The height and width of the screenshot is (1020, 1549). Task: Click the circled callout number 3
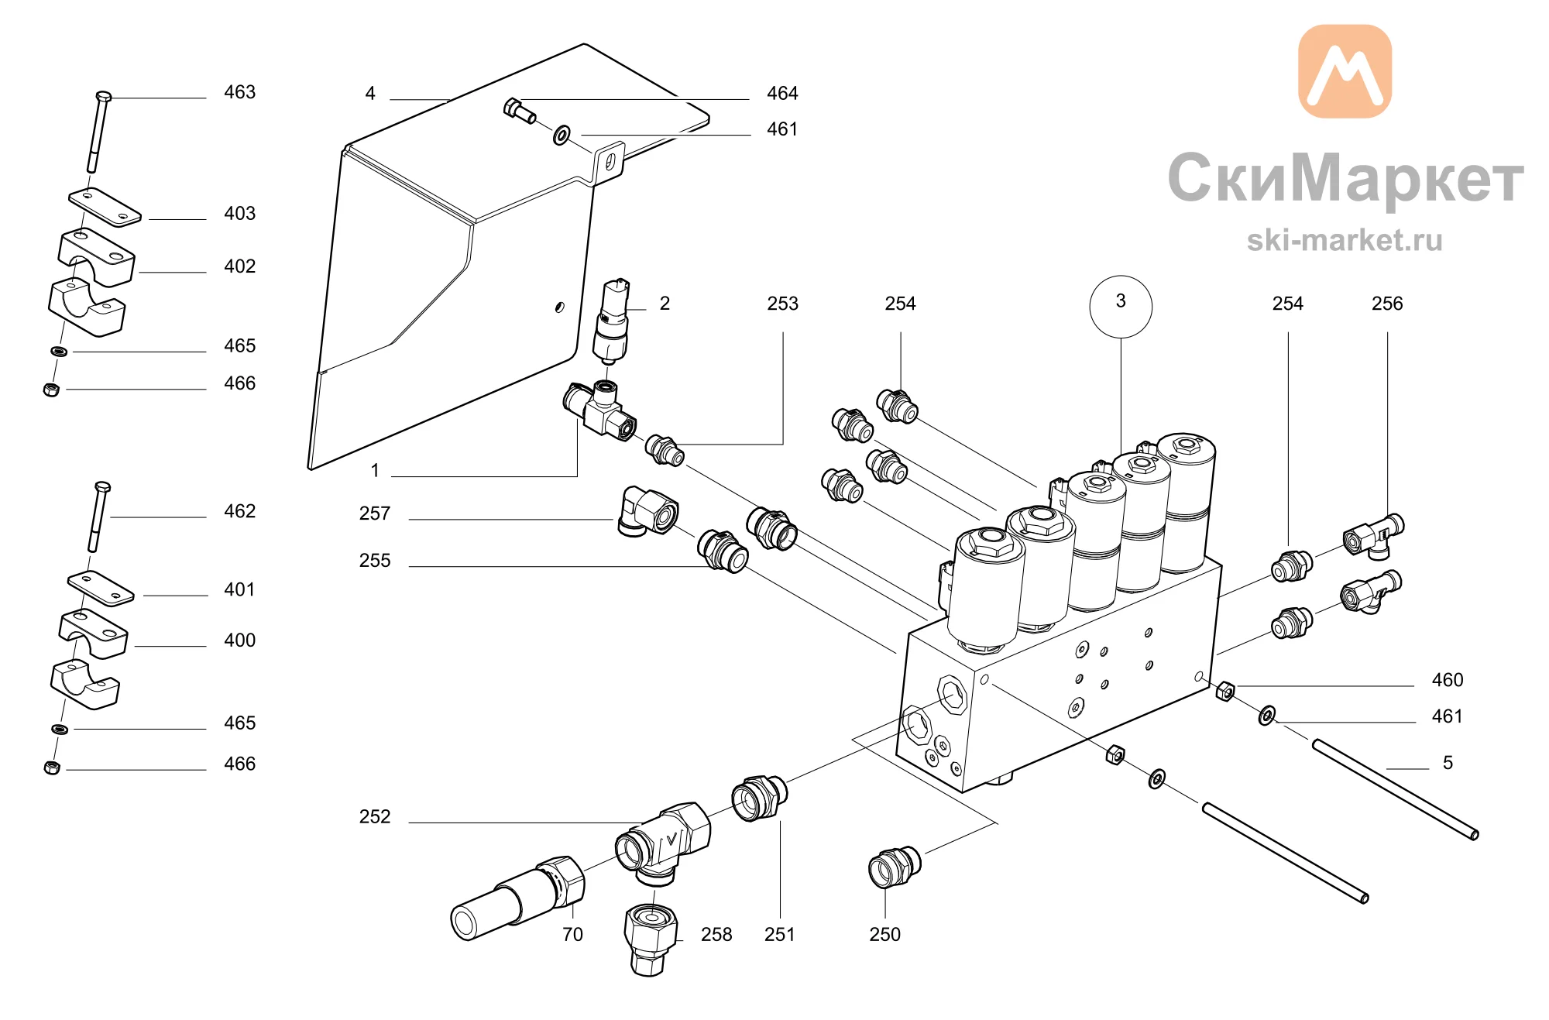point(1120,306)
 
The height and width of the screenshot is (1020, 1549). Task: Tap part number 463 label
point(239,92)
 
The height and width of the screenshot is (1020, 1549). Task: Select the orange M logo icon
point(1345,71)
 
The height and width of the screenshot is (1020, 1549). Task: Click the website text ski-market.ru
point(1345,240)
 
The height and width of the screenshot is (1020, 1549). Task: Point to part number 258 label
point(716,935)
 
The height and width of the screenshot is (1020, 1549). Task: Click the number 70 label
point(572,935)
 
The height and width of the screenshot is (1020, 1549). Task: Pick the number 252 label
point(375,817)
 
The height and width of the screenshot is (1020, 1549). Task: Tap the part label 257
point(375,513)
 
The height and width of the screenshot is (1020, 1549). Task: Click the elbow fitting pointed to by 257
point(647,511)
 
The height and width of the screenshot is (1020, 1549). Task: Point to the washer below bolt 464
point(562,136)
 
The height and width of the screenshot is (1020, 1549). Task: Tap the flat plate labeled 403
point(105,207)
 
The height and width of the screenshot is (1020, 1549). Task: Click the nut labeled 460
point(1224,689)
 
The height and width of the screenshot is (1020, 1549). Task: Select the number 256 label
point(1387,304)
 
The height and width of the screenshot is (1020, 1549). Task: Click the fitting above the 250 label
point(895,867)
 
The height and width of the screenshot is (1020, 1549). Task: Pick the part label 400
point(239,641)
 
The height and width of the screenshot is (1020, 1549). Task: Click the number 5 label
point(1448,763)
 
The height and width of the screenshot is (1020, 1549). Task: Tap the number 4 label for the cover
point(370,94)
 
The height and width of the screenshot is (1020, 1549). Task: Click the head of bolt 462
point(102,487)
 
